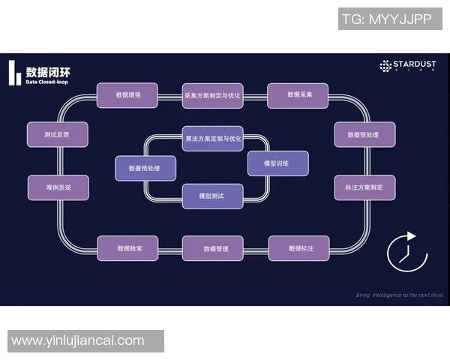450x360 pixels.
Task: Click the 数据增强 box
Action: click(127, 95)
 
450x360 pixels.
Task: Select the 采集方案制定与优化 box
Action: click(212, 95)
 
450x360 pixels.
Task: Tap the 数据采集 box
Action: click(298, 95)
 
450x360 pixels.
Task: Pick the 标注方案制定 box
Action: click(364, 187)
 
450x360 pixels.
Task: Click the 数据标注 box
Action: click(298, 247)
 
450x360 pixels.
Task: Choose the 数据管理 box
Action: click(212, 248)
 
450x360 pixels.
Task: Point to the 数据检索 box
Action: click(127, 247)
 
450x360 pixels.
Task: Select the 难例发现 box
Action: click(58, 187)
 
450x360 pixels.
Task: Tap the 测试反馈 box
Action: click(58, 134)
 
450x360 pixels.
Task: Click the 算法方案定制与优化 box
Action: click(212, 138)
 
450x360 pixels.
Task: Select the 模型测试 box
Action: click(212, 196)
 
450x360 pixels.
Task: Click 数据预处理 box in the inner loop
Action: click(145, 168)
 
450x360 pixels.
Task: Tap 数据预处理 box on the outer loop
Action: click(364, 134)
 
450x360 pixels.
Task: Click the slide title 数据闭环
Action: click(43, 72)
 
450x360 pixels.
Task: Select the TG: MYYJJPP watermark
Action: click(386, 19)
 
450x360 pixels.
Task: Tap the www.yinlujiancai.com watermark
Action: click(78, 340)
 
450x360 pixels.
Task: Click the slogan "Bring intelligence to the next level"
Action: click(399, 295)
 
